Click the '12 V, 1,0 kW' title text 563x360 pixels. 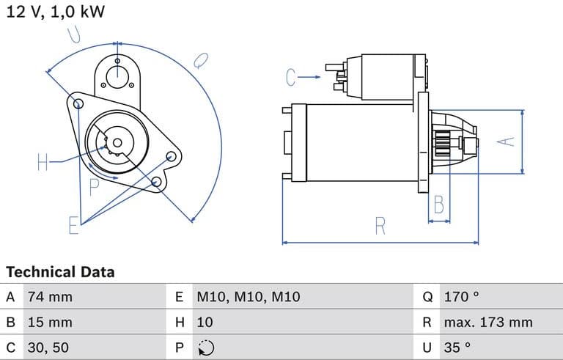pyautogui.click(x=55, y=11)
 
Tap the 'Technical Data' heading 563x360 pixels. pyautogui.click(x=60, y=272)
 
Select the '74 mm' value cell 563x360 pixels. pyautogui.click(x=50, y=297)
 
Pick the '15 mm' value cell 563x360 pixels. pyautogui.click(x=50, y=322)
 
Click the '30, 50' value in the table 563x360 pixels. pyautogui.click(x=48, y=347)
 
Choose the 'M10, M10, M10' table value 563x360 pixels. pyautogui.click(x=249, y=297)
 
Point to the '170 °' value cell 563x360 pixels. pyautogui.click(x=461, y=297)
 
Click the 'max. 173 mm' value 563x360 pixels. pyautogui.click(x=487, y=322)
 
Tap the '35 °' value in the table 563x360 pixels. pyautogui.click(x=457, y=347)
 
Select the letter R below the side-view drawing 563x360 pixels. pyautogui.click(x=380, y=226)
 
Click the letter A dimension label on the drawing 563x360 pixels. pyautogui.click(x=507, y=142)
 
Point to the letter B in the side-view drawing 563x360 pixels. pyautogui.click(x=438, y=205)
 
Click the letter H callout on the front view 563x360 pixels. pyautogui.click(x=43, y=162)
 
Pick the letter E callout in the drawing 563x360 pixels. pyautogui.click(x=73, y=225)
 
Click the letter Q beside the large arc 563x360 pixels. pyautogui.click(x=200, y=61)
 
